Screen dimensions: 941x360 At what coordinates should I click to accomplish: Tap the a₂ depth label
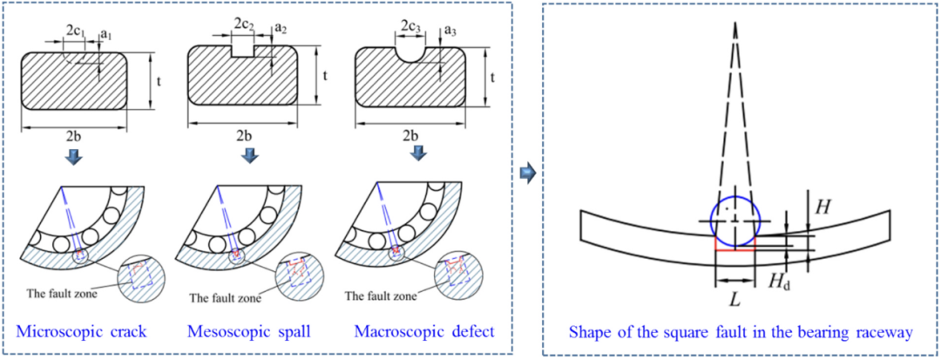coord(281,27)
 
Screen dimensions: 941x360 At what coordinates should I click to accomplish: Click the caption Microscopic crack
coord(82,331)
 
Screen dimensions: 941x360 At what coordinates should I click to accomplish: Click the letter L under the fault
coord(735,298)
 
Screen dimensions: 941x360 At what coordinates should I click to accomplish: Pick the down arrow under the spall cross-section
coord(248,156)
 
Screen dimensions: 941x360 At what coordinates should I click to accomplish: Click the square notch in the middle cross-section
coord(242,51)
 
